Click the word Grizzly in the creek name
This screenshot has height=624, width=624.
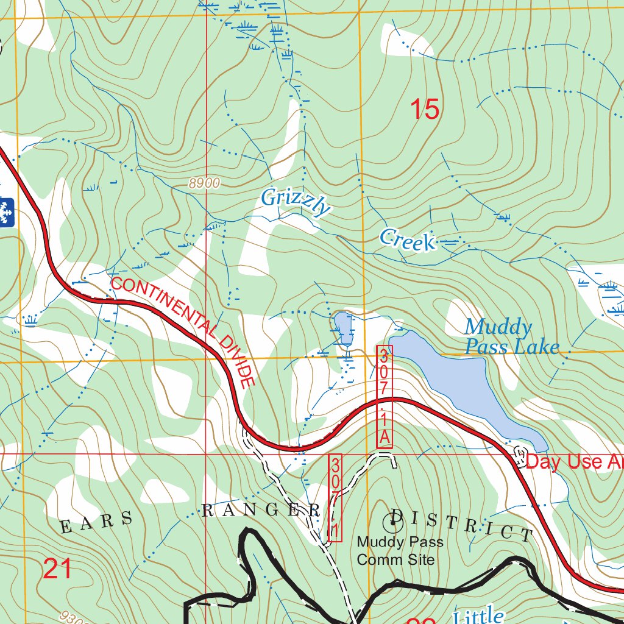tap(296, 202)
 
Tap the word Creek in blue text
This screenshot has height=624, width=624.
tap(407, 239)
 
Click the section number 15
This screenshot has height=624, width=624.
tap(424, 110)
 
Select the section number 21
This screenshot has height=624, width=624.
tap(57, 569)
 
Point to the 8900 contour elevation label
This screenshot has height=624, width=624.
tap(204, 183)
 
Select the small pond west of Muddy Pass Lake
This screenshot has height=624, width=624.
tap(343, 328)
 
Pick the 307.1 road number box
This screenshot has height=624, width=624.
tap(335, 497)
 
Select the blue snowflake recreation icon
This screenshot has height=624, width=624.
tap(6, 211)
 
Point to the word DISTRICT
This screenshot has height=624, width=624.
tap(462, 524)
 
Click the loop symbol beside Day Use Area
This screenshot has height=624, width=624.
tap(520, 454)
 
